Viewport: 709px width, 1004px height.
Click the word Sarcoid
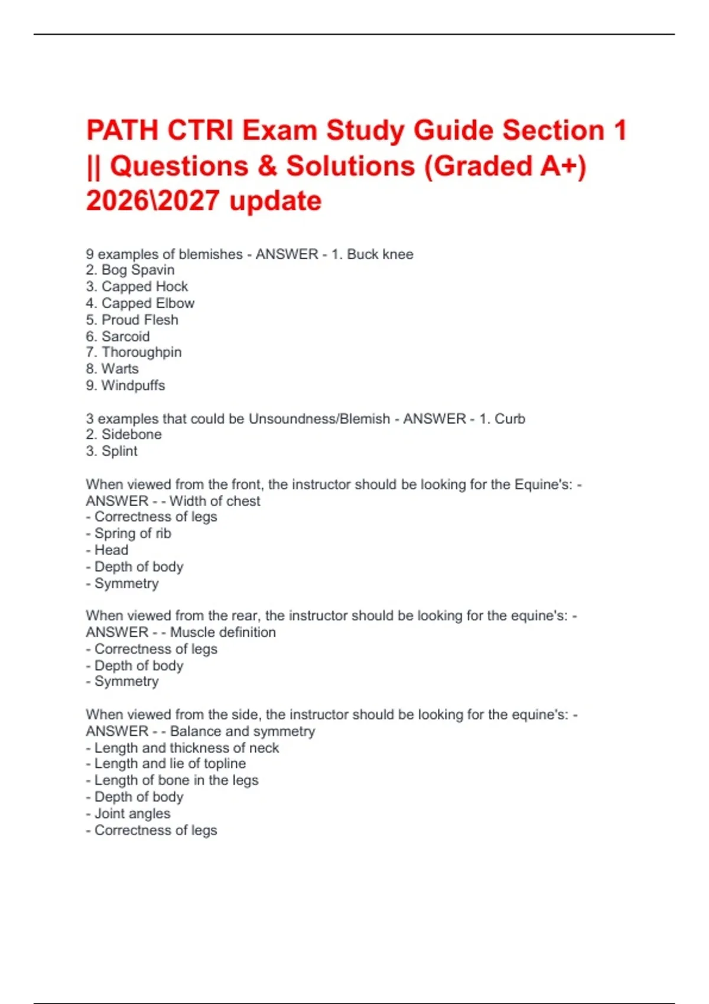[x=126, y=336]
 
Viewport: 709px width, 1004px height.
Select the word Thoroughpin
[x=142, y=352]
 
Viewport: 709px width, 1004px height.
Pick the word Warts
[x=120, y=369]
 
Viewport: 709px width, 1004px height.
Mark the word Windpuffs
[x=134, y=385]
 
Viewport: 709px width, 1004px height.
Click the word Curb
[x=510, y=419]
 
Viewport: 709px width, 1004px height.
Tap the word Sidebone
[x=132, y=434]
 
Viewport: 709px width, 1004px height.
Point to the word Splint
[x=119, y=451]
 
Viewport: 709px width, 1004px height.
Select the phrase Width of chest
[x=215, y=501]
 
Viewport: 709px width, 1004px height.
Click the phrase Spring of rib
[x=133, y=533]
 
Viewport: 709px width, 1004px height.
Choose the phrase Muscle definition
[x=223, y=632]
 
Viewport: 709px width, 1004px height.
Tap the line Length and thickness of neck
[x=187, y=748]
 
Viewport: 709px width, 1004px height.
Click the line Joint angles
[x=132, y=813]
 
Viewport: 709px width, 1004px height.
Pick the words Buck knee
[x=380, y=254]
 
